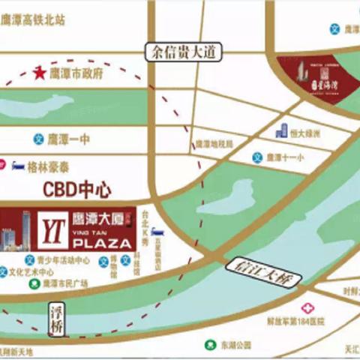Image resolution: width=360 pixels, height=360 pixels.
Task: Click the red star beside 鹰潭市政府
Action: pyautogui.click(x=39, y=73)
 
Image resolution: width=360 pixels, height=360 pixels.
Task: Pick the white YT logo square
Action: pyautogui.click(x=52, y=227)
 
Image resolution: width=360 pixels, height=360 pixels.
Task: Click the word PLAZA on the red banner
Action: pyautogui.click(x=104, y=244)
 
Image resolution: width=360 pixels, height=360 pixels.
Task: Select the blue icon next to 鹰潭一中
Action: pyautogui.click(x=37, y=138)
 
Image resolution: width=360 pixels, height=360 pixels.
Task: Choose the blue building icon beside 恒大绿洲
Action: pyautogui.click(x=282, y=131)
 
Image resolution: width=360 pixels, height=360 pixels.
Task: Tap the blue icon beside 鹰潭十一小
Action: pyautogui.click(x=257, y=158)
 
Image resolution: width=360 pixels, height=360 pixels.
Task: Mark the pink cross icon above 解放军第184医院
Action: pyautogui.click(x=307, y=307)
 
